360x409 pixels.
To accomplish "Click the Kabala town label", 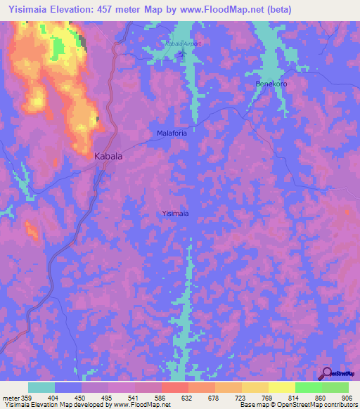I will [x=108, y=157].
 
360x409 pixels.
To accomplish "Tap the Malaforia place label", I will [x=172, y=132].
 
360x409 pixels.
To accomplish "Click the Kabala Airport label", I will [x=183, y=44].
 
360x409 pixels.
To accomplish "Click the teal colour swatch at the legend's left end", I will [x=41, y=387].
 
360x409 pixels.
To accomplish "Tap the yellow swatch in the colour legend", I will [x=281, y=387].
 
